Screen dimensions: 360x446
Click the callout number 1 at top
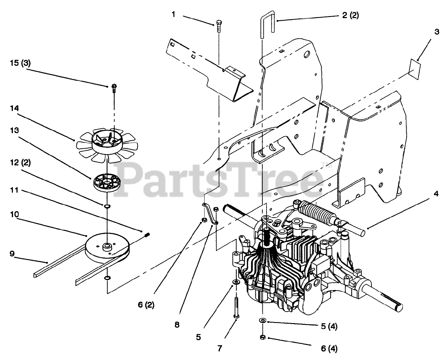(173, 15)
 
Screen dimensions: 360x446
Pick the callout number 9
(13, 254)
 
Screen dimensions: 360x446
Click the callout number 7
(220, 348)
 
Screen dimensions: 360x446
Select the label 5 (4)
(328, 327)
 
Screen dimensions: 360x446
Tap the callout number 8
(177, 324)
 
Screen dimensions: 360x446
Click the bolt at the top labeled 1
(220, 25)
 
